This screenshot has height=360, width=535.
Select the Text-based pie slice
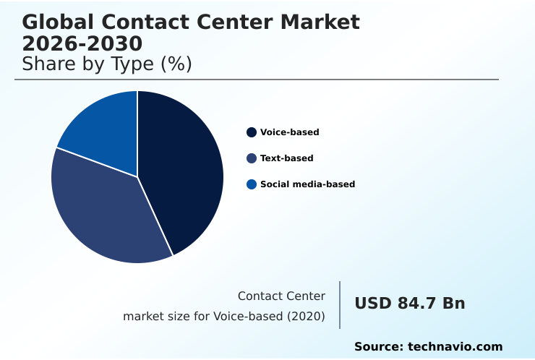101,210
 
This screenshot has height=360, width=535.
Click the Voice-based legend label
289,132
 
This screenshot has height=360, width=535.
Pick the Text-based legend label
286,158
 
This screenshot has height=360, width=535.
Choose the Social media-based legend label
307,184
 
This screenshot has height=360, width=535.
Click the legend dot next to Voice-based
252,132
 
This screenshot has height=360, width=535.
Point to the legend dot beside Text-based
252,158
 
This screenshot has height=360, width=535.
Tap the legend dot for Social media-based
252,184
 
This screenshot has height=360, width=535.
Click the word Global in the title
51,22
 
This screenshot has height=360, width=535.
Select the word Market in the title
322,22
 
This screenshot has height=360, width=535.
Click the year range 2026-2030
82,43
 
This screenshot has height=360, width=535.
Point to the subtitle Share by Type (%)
107,64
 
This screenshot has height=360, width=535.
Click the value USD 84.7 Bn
409,304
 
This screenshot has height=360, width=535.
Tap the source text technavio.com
455,347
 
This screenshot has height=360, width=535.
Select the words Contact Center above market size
281,296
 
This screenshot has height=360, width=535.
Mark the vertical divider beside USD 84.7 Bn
340,305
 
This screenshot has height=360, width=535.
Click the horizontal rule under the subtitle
257,80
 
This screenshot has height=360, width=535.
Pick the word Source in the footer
378,347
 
